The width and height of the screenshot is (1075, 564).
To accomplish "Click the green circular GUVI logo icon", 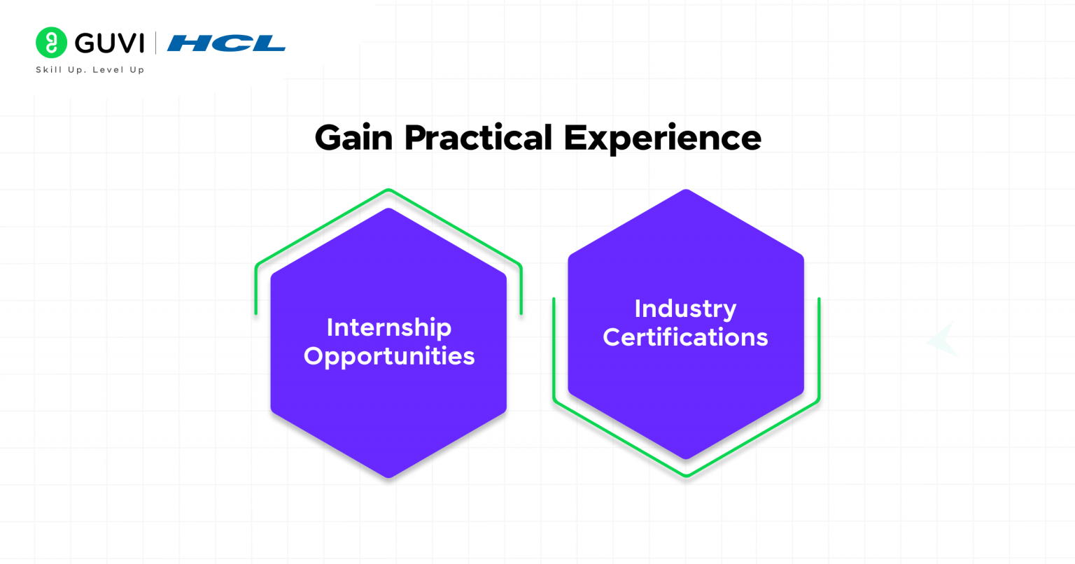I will click(x=51, y=43).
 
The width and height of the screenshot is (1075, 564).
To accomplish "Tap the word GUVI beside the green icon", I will click(x=109, y=43).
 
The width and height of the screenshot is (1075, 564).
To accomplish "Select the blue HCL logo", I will click(x=226, y=43).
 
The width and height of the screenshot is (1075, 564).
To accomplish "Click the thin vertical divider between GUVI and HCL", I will click(x=155, y=43).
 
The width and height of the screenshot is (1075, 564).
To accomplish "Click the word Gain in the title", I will click(x=353, y=137).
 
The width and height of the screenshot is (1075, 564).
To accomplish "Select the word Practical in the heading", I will click(x=478, y=137).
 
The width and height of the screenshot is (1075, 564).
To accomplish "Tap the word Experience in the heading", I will click(x=662, y=137).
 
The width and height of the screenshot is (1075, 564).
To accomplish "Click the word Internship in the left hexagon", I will click(x=389, y=327).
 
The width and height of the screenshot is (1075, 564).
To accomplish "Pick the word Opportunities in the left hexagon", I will click(x=389, y=356).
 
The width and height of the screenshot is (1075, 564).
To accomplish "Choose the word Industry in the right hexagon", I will click(x=685, y=309).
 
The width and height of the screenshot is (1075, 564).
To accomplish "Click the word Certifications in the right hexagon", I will click(x=685, y=337).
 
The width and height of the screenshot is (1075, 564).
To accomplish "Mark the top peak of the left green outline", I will click(x=388, y=190).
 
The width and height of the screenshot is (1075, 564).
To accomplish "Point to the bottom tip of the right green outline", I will click(x=687, y=476).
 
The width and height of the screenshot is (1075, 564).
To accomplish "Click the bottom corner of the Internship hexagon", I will click(x=388, y=477).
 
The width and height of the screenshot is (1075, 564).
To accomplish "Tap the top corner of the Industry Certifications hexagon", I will click(x=686, y=191).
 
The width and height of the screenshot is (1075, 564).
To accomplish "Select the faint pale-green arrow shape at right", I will click(x=943, y=340).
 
